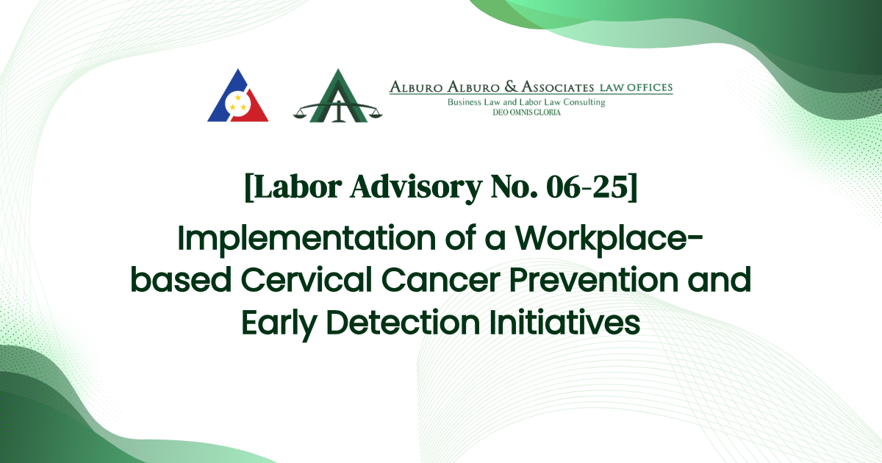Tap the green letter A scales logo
coord(338,96)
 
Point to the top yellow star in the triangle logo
coord(237,96)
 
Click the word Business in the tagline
coord(467,102)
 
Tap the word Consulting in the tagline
coord(583,102)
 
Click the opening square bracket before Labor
coord(248,188)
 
